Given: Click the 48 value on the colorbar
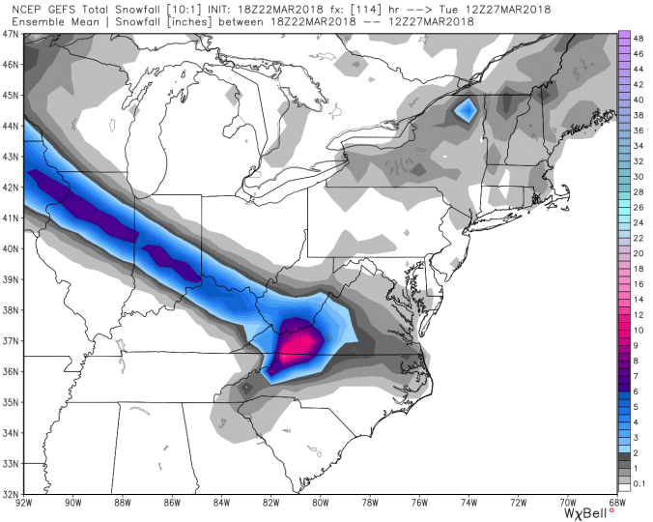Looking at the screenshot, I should (639, 38).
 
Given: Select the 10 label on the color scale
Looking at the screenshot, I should (639, 330).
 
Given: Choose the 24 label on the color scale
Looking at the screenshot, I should (639, 225).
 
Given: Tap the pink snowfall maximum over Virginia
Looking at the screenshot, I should (301, 341).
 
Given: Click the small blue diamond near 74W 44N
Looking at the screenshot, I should (466, 110).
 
